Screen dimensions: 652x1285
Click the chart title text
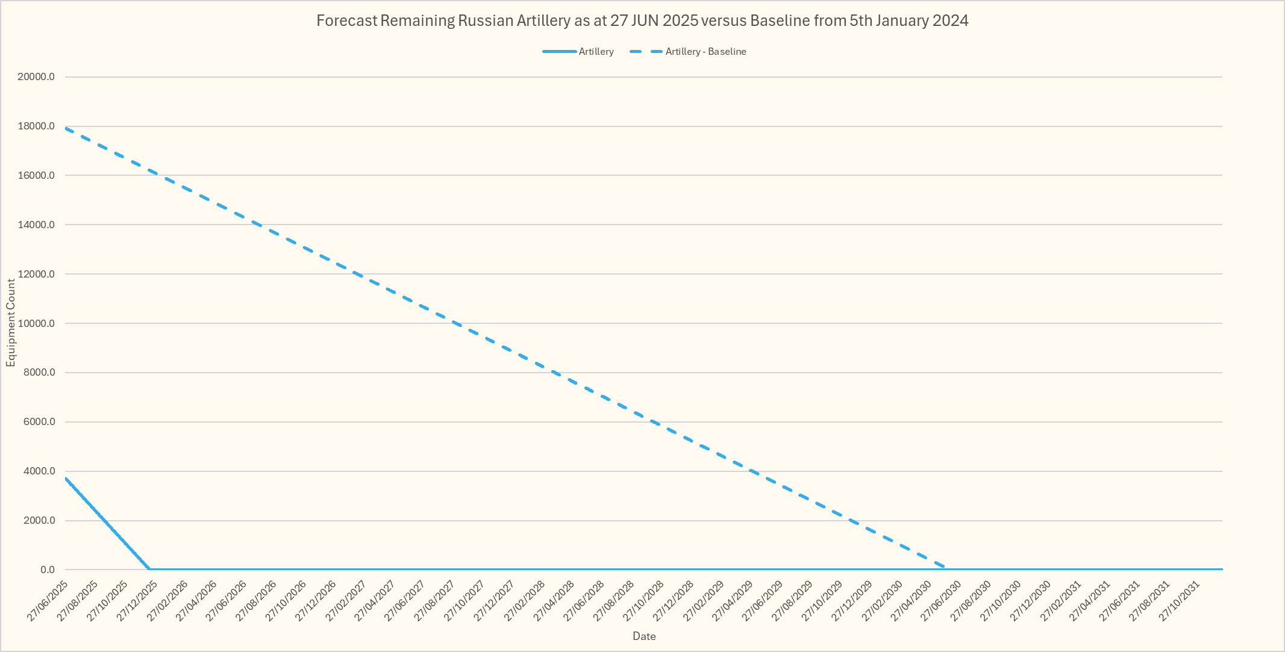point(642,21)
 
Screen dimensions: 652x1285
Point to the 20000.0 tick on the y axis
point(37,77)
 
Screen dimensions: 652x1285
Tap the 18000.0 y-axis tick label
point(37,126)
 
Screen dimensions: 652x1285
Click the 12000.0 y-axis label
point(37,274)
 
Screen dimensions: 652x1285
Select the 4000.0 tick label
point(39,471)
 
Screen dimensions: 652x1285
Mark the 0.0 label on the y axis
point(48,570)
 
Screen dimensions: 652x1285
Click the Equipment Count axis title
point(10,323)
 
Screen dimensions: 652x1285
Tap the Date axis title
point(643,636)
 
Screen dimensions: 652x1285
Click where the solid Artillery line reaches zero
point(149,569)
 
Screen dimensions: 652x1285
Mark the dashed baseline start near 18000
point(66,128)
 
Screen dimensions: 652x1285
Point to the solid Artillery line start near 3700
point(66,479)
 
